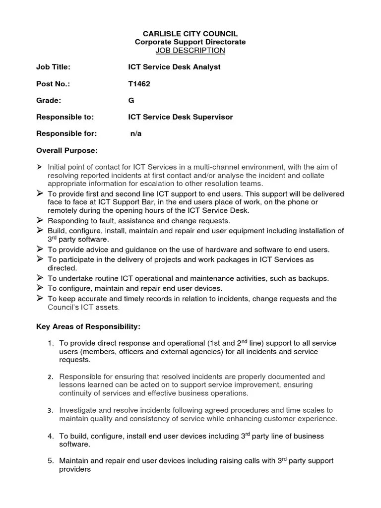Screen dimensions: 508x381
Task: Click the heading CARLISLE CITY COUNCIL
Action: click(x=190, y=34)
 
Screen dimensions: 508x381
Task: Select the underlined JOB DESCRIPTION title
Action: click(x=190, y=51)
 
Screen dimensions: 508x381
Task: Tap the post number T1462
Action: click(x=139, y=84)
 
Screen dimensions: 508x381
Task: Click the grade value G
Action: click(x=131, y=101)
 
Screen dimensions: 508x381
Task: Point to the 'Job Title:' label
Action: click(x=54, y=67)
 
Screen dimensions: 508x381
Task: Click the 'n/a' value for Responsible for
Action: click(x=136, y=134)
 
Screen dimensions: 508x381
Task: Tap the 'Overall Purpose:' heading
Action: click(x=67, y=150)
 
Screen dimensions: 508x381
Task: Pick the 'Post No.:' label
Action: click(x=53, y=84)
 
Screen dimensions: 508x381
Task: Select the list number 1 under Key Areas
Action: click(x=51, y=343)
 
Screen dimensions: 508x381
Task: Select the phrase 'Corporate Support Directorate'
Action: click(x=190, y=42)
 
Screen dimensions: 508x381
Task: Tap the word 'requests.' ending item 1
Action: click(x=74, y=360)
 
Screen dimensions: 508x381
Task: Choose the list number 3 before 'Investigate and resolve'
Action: click(x=51, y=411)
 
